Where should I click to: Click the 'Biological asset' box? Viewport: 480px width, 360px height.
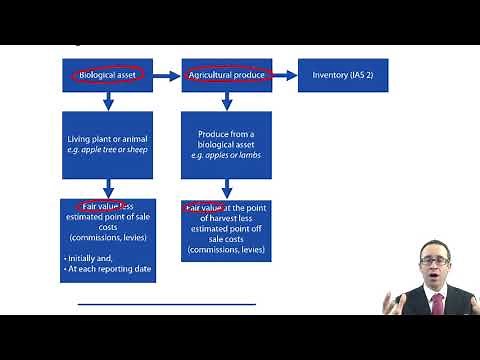107,75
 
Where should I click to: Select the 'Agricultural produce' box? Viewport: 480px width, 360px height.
227,75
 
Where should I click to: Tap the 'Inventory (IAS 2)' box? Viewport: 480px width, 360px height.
343,75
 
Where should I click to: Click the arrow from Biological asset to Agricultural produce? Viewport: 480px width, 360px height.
167,75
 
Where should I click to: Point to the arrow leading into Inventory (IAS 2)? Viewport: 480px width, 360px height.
285,75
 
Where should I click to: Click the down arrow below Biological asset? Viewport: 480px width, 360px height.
107,100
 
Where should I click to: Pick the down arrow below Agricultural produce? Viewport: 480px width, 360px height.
227,100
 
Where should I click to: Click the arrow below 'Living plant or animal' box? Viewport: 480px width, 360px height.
107,186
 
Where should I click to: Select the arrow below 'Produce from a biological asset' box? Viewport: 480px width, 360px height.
227,186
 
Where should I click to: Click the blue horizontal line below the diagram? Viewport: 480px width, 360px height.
166,303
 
